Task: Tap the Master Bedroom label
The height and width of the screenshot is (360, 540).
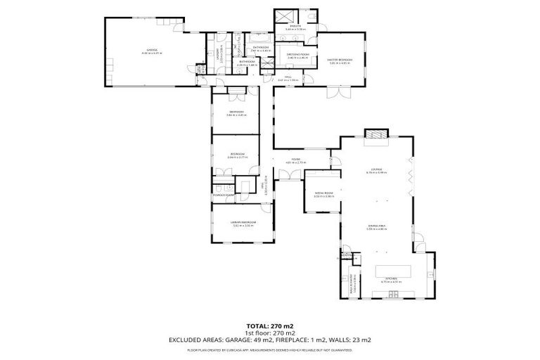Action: coord(340,60)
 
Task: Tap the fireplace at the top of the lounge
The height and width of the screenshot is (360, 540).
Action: coord(375,134)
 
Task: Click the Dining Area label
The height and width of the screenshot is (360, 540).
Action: coord(376,226)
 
